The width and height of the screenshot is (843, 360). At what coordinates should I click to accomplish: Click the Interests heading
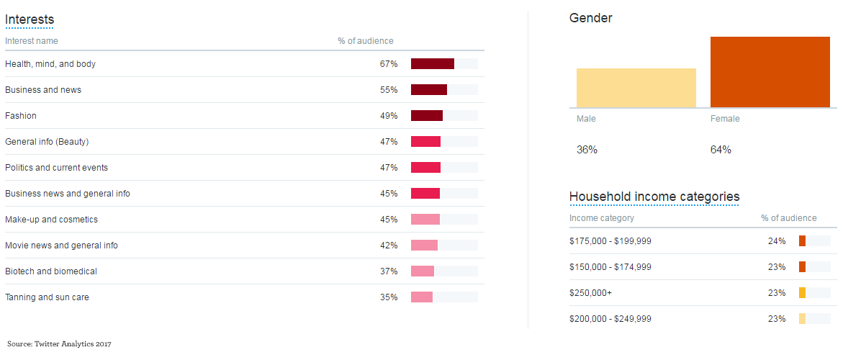30,19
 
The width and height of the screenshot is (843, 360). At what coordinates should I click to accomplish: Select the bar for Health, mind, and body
433,64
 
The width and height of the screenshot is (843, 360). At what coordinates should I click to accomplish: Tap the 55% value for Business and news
389,90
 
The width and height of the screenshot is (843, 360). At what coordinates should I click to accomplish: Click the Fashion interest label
21,116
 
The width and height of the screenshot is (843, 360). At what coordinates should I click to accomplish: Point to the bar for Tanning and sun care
422,297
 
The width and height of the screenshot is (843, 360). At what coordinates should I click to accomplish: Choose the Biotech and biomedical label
51,271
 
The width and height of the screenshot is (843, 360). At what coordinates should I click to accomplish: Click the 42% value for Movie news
389,246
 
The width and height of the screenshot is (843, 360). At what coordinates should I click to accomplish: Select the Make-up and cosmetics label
51,220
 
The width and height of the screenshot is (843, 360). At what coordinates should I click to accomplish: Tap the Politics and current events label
56,168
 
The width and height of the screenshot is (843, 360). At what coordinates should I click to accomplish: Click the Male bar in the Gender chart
636,88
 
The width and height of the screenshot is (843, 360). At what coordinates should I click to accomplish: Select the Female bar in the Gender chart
770,72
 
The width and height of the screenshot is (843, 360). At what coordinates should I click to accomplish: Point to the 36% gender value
587,150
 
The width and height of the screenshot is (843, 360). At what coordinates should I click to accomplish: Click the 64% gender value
721,150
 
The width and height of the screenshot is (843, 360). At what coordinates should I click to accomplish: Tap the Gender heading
591,18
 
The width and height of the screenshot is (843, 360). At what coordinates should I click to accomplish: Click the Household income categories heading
654,197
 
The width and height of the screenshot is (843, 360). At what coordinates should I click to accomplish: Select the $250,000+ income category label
590,293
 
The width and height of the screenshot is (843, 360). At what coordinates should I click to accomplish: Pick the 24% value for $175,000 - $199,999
777,241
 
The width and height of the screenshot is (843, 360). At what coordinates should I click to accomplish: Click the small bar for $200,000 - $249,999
803,319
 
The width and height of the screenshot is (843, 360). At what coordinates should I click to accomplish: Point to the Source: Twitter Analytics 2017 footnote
59,344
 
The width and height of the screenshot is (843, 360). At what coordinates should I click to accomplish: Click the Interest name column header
32,41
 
